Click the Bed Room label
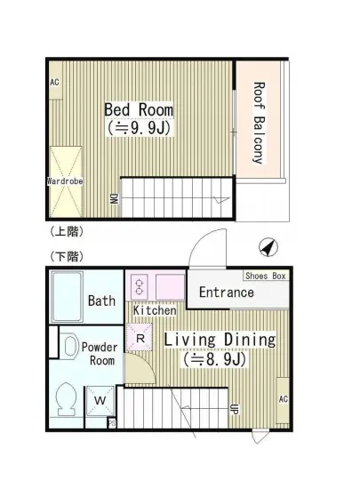pyautogui.click(x=139, y=109)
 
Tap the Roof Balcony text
pyautogui.click(x=259, y=123)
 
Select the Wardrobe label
pyautogui.click(x=65, y=180)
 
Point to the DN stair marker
pyautogui.click(x=115, y=198)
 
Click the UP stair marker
pyautogui.click(x=234, y=409)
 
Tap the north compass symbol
pyautogui.click(x=268, y=247)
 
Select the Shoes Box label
pyautogui.click(x=266, y=276)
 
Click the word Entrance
pyautogui.click(x=227, y=293)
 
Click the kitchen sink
pyautogui.click(x=170, y=287)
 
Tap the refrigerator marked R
pyautogui.click(x=140, y=338)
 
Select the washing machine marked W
pyautogui.click(x=100, y=401)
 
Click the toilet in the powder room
pyautogui.click(x=66, y=399)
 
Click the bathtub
pyautogui.click(x=68, y=296)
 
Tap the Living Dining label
pyautogui.click(x=220, y=340)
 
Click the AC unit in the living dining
pyautogui.click(x=283, y=400)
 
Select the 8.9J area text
pyautogui.click(x=215, y=359)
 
